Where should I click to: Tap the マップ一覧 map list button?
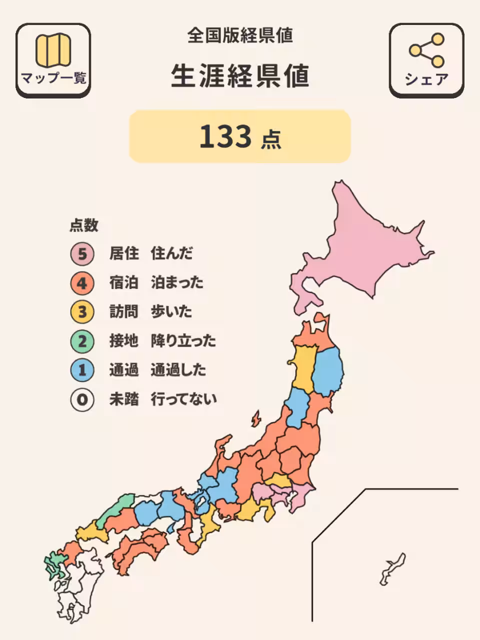point(53,60)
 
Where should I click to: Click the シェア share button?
point(426,60)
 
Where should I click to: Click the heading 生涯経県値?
point(240,76)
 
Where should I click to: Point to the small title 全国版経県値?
point(240,35)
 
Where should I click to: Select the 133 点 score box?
point(240,136)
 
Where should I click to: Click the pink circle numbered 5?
point(82,254)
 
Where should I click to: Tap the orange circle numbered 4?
point(82,283)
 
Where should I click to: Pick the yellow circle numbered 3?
point(82,312)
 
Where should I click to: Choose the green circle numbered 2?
point(82,341)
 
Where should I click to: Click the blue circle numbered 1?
point(82,370)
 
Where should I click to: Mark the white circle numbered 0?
point(82,399)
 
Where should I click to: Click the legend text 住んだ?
point(171,253)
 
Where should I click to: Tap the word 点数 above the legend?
point(83,225)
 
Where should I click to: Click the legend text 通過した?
point(178,370)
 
